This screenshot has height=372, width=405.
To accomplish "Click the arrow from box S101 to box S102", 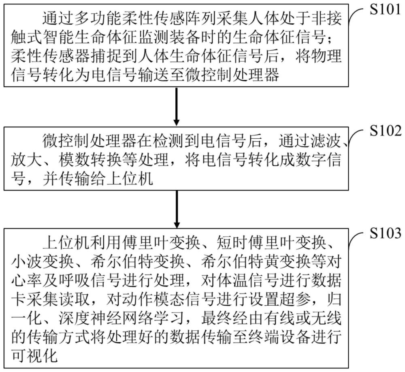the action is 177,106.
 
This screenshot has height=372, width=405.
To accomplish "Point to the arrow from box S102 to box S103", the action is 177,209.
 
